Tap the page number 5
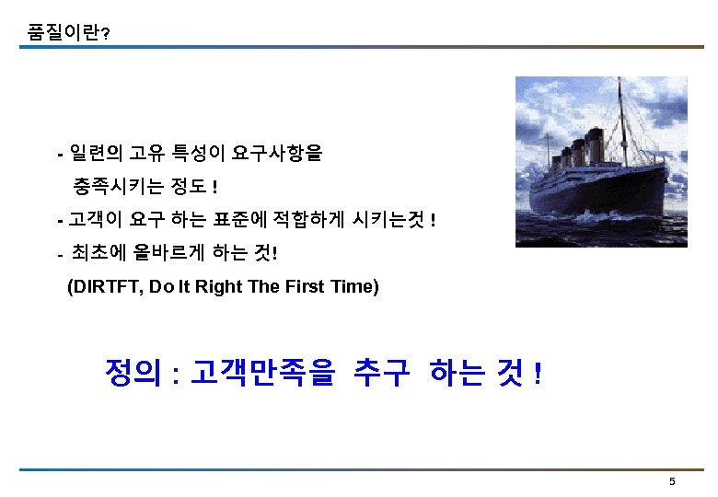tap(672, 481)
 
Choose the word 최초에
tap(98, 253)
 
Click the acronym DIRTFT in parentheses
tap(105, 286)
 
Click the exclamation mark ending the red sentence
tap(537, 373)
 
